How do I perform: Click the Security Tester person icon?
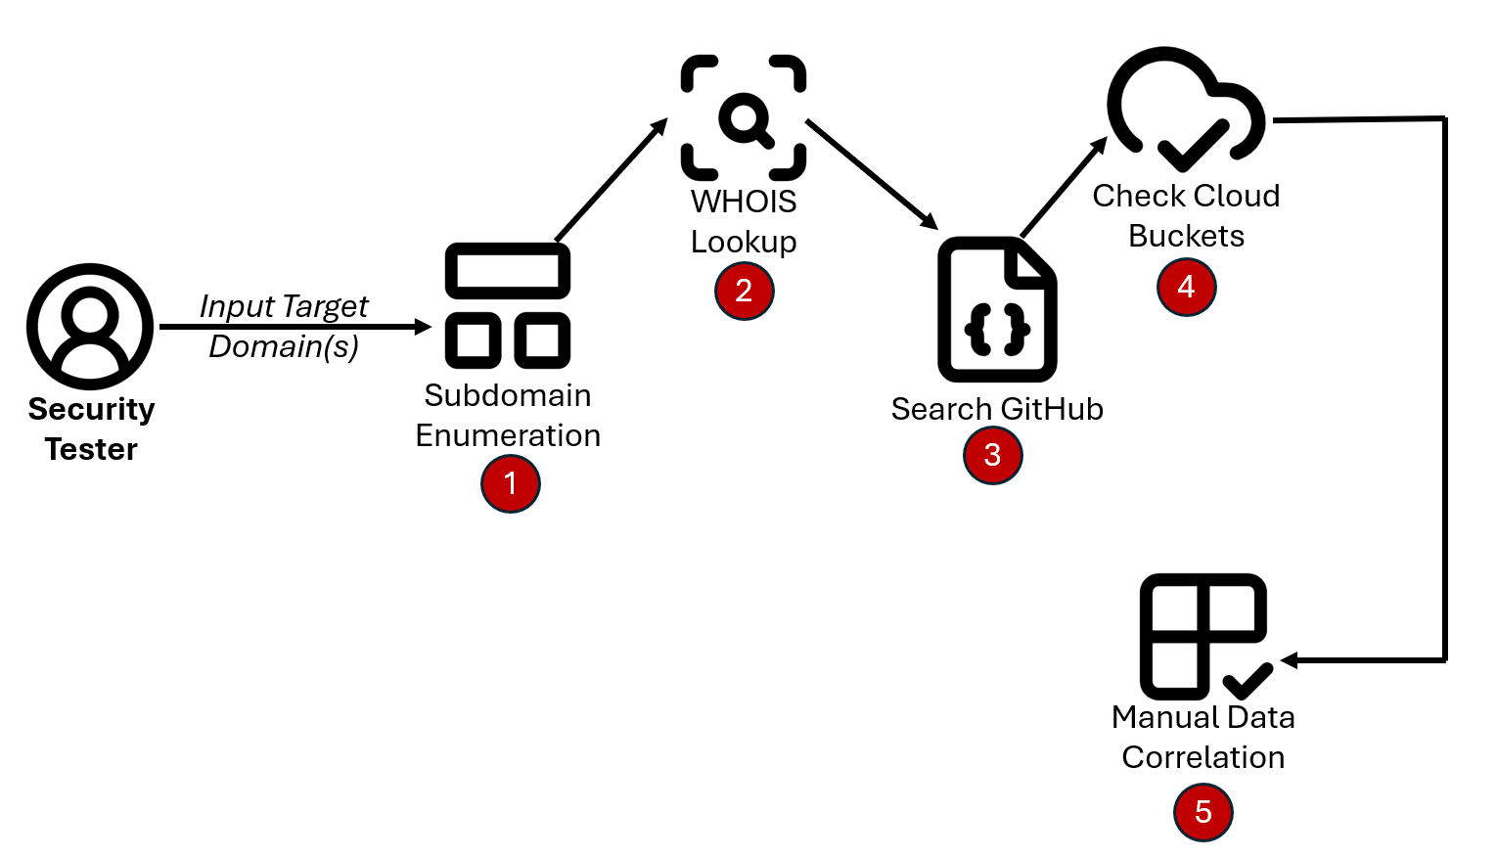click(90, 327)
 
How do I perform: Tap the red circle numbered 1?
click(510, 483)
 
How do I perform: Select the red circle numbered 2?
click(744, 291)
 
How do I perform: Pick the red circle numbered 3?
click(992, 455)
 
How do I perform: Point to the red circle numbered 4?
click(1186, 287)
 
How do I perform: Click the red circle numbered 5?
click(1202, 812)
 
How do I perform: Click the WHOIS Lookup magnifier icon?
click(744, 118)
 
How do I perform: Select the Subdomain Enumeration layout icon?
click(508, 305)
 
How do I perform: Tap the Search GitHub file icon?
click(997, 309)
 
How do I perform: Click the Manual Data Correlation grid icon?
click(1204, 636)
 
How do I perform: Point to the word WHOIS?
click(744, 202)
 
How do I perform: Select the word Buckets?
click(1186, 236)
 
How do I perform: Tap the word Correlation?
click(1202, 757)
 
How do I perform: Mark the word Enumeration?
click(508, 435)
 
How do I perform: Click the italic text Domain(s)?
click(284, 346)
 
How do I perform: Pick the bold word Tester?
click(91, 449)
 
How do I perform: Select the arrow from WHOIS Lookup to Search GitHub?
click(871, 174)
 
